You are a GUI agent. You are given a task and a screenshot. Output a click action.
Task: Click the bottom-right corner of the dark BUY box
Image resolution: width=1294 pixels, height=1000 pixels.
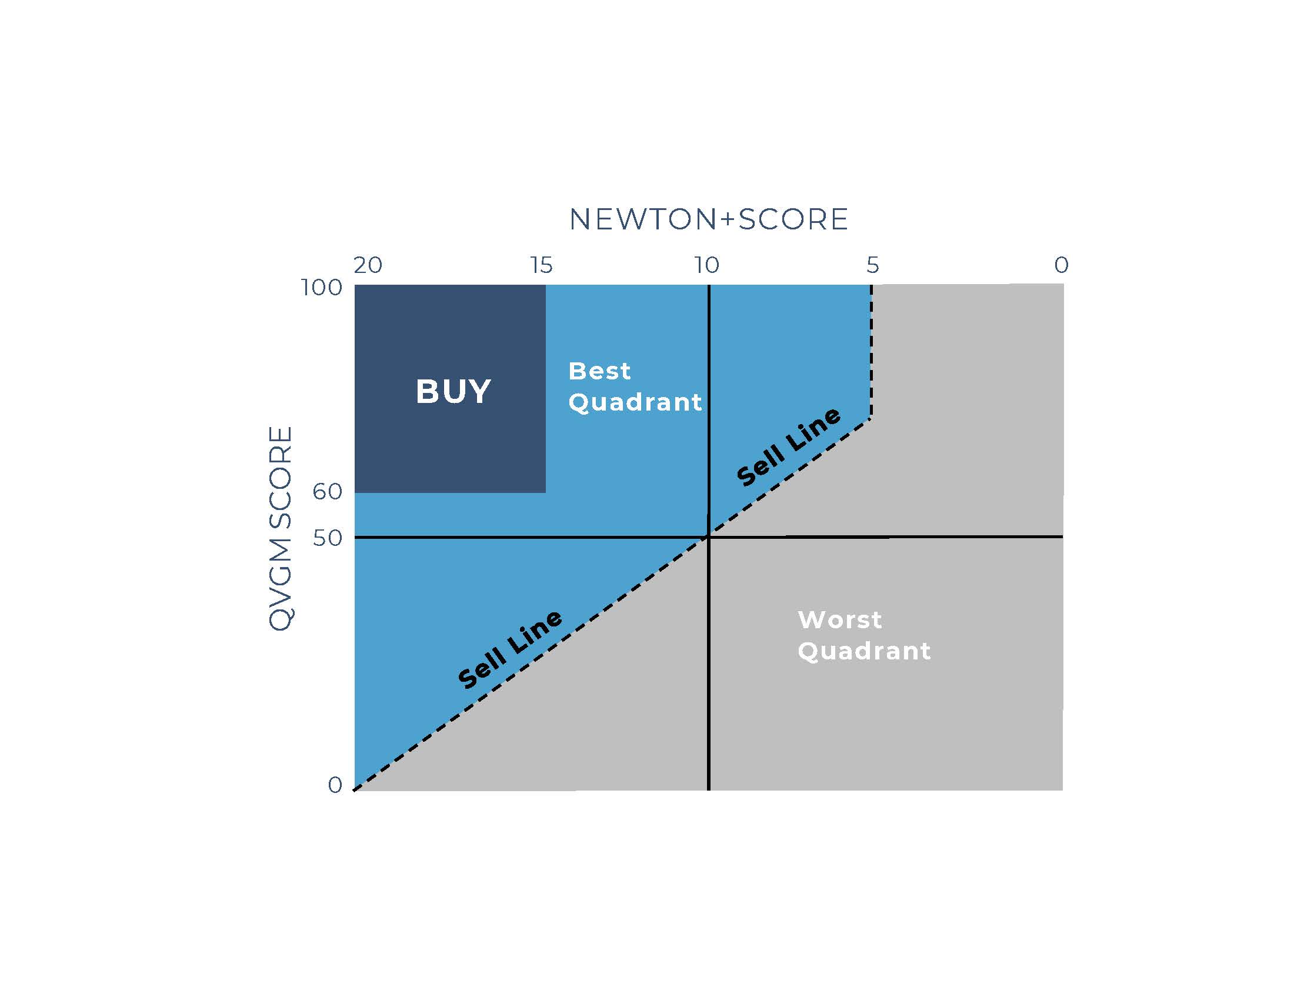tap(545, 492)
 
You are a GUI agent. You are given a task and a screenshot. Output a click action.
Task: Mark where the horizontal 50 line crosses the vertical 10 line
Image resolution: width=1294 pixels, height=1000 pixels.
tap(708, 537)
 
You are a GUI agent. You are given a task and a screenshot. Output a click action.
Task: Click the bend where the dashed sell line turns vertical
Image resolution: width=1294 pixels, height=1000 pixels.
tap(871, 418)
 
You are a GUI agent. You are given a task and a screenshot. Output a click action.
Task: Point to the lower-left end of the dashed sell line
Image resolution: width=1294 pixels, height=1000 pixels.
tap(354, 789)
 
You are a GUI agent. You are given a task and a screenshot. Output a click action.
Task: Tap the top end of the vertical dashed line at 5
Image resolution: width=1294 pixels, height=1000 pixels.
tap(871, 285)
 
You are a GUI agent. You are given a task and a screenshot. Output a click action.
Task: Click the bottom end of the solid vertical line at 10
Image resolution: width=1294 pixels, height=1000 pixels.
tap(708, 789)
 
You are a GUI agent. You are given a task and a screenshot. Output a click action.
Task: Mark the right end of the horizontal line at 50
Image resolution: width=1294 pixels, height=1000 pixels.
tap(1063, 536)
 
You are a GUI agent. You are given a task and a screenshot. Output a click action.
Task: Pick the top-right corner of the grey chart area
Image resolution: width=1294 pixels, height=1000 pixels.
tap(1063, 284)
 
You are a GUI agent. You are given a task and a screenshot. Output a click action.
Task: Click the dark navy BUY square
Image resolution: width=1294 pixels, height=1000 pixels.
tap(451, 389)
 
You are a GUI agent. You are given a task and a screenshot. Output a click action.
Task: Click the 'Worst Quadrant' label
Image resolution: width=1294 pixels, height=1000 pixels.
tap(864, 636)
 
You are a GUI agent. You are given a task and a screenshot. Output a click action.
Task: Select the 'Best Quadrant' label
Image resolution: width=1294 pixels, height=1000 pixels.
tap(635, 387)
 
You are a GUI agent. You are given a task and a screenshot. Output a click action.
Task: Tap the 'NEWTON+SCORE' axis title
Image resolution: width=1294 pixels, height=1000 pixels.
tap(709, 219)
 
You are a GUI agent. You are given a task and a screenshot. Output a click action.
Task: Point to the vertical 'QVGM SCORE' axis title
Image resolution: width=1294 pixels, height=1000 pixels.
tap(281, 528)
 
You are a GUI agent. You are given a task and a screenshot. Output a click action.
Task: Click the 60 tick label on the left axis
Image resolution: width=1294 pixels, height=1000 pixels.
tap(328, 491)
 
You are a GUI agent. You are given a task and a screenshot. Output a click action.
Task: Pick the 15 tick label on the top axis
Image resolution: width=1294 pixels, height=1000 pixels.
tap(542, 265)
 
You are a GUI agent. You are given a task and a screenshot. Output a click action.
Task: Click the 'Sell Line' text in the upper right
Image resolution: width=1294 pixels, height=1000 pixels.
tap(788, 446)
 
